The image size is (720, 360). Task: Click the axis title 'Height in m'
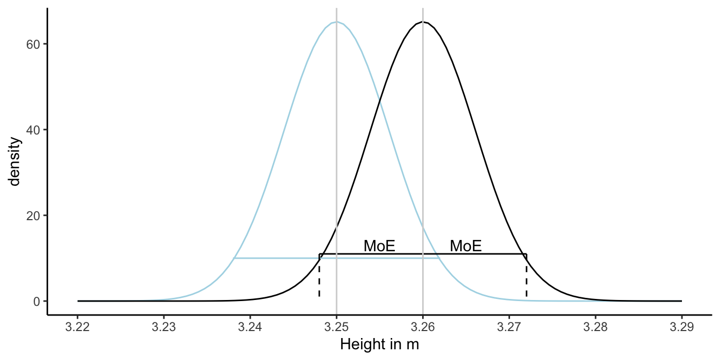[379, 346]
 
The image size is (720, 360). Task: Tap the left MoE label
[379, 246]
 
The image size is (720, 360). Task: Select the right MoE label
[466, 246]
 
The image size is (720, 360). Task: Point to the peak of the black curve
[423, 22]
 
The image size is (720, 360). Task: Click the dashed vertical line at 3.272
[527, 279]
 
